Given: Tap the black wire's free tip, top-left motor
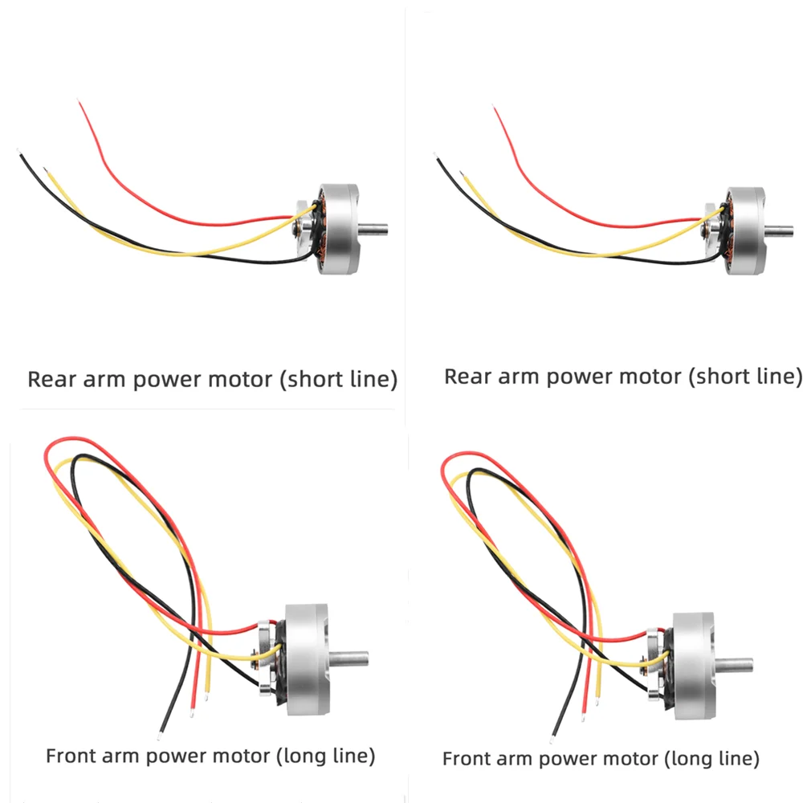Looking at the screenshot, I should click(16, 150).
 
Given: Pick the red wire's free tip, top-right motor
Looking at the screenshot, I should click(495, 107).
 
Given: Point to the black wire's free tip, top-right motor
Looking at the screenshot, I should click(434, 153).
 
